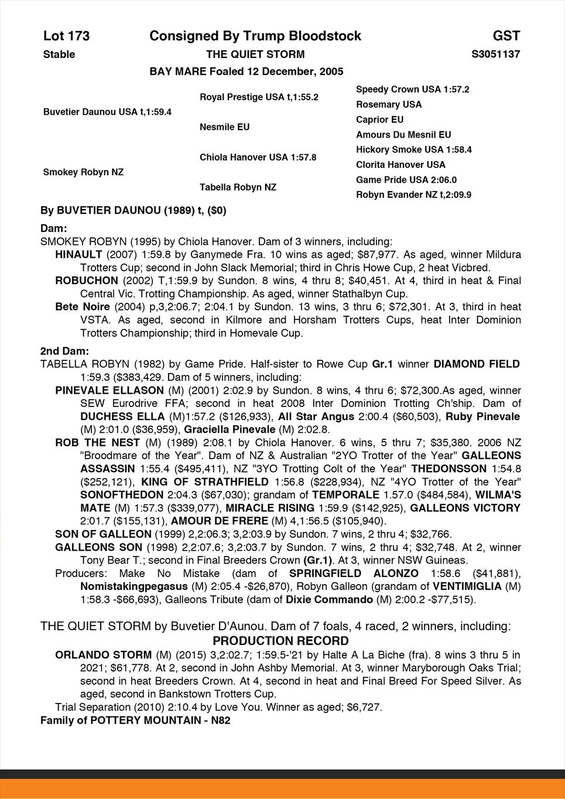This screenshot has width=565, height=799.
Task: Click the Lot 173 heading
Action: (x=66, y=36)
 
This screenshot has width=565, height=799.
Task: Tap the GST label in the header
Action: (x=506, y=36)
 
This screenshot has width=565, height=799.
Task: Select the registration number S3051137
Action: (x=495, y=54)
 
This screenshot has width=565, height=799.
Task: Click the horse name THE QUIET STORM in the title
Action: (x=255, y=54)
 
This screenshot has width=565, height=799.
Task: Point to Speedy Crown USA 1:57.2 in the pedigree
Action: (x=412, y=90)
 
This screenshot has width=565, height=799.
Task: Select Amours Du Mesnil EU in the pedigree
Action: (x=403, y=135)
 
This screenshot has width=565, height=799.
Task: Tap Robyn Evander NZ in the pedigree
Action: (x=413, y=195)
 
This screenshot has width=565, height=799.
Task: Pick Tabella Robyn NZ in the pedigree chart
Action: (x=238, y=187)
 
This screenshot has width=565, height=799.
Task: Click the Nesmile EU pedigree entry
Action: (x=224, y=127)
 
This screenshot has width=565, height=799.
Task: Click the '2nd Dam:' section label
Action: (x=64, y=351)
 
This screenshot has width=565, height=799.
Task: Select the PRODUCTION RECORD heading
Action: (x=280, y=641)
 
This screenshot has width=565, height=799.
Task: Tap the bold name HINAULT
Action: (x=78, y=255)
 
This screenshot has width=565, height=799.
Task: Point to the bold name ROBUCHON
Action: (x=86, y=281)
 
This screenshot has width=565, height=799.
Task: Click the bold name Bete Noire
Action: (x=82, y=307)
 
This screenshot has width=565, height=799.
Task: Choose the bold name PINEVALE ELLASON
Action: (x=109, y=390)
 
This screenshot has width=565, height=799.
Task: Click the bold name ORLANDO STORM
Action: (x=103, y=655)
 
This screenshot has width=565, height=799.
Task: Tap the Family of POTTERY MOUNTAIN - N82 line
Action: (x=135, y=721)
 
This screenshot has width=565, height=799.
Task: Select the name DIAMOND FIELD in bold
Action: (x=476, y=364)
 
